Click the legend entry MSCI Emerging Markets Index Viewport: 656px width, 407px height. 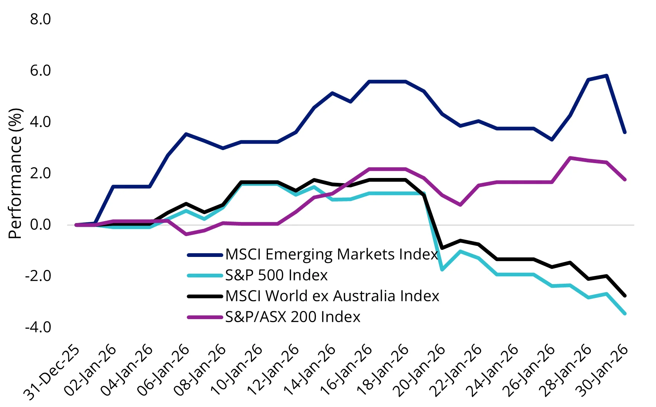click(331, 254)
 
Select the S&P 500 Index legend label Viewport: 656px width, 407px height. click(276, 275)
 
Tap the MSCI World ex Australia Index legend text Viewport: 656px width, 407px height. click(332, 296)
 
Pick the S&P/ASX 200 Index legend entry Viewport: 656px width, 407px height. click(292, 317)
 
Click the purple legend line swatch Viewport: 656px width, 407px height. click(205, 317)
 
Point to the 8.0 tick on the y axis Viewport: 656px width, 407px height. click(40, 19)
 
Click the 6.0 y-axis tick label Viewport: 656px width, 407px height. click(40, 70)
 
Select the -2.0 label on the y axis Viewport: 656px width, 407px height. click(38, 276)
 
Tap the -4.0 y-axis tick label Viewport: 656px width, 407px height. click(38, 327)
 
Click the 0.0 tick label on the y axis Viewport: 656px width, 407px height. click(40, 225)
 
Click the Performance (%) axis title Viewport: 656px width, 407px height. click(16, 174)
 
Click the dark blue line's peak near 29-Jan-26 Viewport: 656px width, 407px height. click(607, 76)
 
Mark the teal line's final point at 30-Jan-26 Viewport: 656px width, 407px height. click(625, 314)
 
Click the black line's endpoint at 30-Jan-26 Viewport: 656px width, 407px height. click(625, 296)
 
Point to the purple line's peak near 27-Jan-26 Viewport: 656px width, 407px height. click(570, 158)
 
